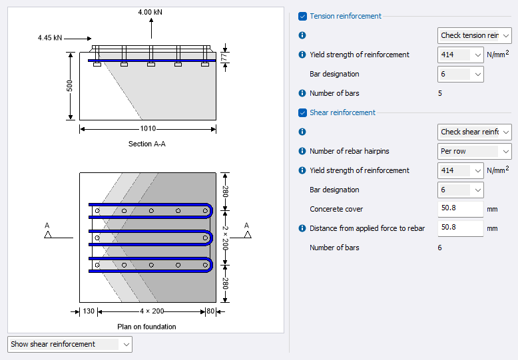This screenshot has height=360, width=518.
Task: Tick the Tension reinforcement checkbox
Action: [303, 16]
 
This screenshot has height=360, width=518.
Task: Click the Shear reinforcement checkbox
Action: [303, 112]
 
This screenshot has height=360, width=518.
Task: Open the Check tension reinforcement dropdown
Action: [475, 35]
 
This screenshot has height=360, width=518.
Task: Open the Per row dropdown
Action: [475, 151]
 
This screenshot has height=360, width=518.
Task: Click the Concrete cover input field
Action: [460, 209]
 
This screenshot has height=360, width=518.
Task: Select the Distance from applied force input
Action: [460, 228]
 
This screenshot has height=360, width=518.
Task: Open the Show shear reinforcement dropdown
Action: [70, 344]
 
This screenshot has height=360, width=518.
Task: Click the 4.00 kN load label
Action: [150, 12]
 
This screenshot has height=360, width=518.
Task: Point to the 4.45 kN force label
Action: [50, 38]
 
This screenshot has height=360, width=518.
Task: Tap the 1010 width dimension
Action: [148, 128]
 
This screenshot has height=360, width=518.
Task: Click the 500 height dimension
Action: [69, 87]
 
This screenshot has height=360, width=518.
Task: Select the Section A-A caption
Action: [147, 144]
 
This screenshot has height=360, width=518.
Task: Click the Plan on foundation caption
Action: [146, 327]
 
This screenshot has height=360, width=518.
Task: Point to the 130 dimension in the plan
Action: [89, 311]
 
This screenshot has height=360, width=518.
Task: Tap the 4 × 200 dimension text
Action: [151, 311]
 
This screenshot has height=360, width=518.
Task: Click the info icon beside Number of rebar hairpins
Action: [302, 151]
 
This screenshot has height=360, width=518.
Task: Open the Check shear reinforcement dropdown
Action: [475, 132]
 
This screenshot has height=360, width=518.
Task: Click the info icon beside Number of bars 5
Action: [302, 93]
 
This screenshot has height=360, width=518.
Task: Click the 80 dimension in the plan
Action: [210, 311]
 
